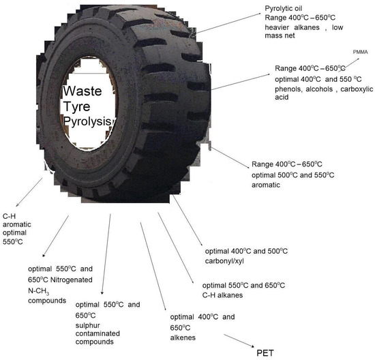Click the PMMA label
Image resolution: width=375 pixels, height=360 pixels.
click(360, 52)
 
